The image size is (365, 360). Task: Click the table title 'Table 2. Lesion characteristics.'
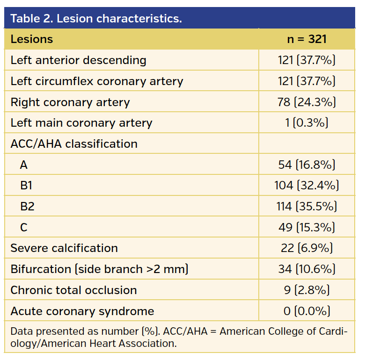(96, 19)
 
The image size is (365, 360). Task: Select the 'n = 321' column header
(307, 39)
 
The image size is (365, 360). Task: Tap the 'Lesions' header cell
(32, 39)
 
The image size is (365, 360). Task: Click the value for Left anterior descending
(307, 60)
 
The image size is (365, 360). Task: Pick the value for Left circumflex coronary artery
(307, 81)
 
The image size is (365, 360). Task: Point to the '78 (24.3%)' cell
(307, 102)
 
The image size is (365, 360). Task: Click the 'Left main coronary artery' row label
(81, 123)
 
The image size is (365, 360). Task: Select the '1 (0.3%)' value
(307, 123)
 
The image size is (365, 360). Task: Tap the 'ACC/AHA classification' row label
(74, 144)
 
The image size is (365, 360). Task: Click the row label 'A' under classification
(24, 165)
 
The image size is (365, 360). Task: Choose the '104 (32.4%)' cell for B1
(307, 186)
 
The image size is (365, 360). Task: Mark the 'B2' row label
(27, 206)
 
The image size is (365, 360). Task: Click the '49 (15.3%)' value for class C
(307, 227)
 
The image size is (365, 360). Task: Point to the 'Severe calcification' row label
(64, 248)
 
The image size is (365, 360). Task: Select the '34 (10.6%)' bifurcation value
(307, 269)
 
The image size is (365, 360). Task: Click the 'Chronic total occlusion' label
(73, 290)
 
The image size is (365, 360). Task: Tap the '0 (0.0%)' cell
(307, 311)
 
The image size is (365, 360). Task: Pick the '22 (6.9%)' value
(307, 248)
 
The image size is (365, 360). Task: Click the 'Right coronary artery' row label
(70, 102)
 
